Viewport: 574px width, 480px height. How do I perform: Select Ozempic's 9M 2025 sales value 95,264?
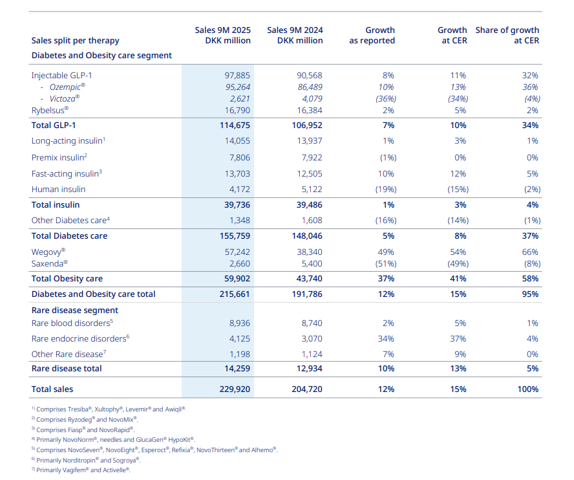tap(233, 87)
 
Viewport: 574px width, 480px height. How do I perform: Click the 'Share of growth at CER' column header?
tap(507, 35)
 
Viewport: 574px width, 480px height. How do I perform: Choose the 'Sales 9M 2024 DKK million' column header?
tap(295, 35)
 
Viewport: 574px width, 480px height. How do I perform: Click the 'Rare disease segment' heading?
tap(75, 311)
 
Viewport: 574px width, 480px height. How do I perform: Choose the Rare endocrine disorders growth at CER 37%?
tap(458, 338)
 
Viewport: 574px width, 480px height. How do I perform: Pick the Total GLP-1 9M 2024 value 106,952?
tap(304, 125)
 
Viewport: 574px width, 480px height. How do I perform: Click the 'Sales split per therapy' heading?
tap(75, 40)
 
